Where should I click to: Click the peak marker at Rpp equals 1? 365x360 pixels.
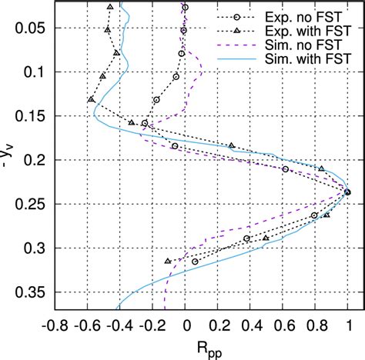pyautogui.click(x=348, y=192)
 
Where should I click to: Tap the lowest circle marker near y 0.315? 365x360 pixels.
pyautogui.click(x=195, y=262)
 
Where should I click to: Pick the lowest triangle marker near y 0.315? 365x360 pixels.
pyautogui.click(x=169, y=261)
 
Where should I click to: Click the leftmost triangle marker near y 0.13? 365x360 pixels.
pyautogui.click(x=92, y=99)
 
